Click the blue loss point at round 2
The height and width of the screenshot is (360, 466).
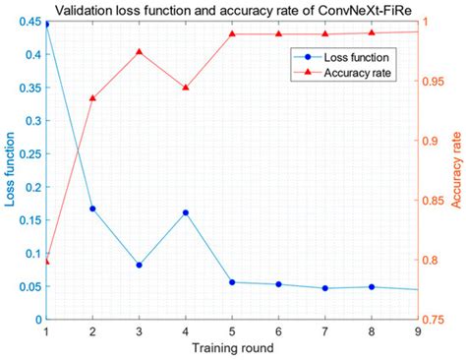point(92,209)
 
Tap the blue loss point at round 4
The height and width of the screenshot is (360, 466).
point(185,212)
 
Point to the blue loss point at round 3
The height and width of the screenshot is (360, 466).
point(139,265)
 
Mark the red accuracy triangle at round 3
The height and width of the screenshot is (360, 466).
point(139,52)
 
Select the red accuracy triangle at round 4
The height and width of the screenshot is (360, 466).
point(185,88)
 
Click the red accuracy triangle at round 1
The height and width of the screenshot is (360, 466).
point(46,261)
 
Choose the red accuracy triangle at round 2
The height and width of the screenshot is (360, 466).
point(92,98)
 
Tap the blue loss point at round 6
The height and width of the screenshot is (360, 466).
point(278,284)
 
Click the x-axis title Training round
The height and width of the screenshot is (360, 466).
point(231,349)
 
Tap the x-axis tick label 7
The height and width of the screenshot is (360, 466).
point(324,332)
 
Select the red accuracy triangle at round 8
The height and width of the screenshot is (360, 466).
point(371,32)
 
